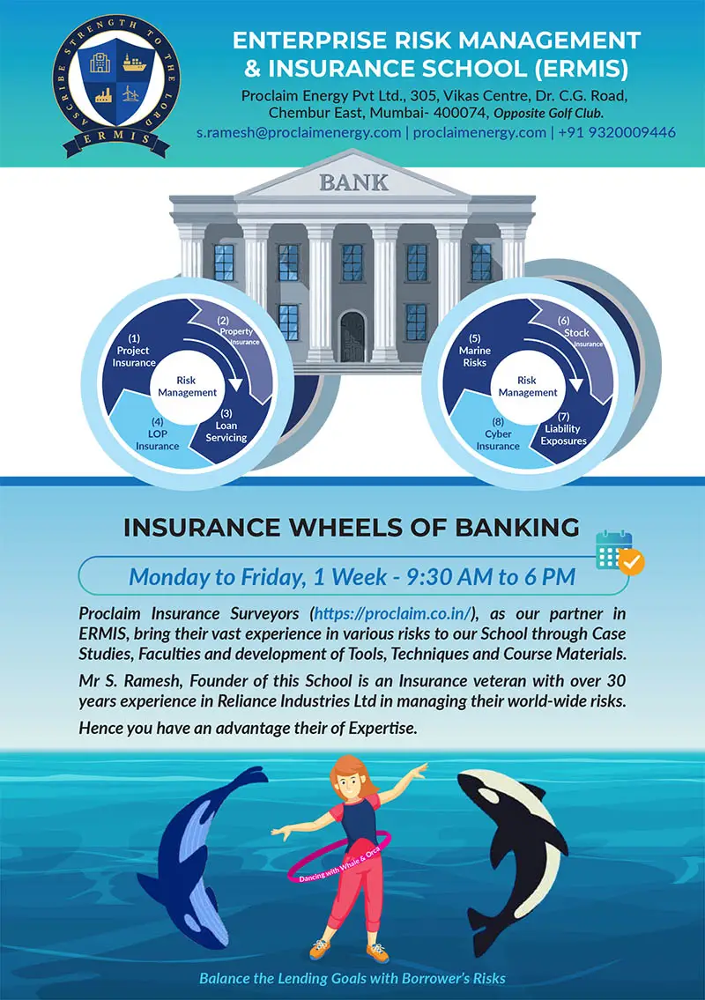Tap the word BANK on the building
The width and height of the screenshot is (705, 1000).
coord(352,183)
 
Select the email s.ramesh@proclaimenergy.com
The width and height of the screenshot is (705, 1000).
coord(300,132)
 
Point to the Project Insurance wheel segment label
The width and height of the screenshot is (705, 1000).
coord(134,351)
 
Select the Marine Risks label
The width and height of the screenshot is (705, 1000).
coord(474,351)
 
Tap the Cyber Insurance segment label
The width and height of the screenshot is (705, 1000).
coord(498,440)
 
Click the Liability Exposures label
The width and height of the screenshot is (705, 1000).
coord(564,434)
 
